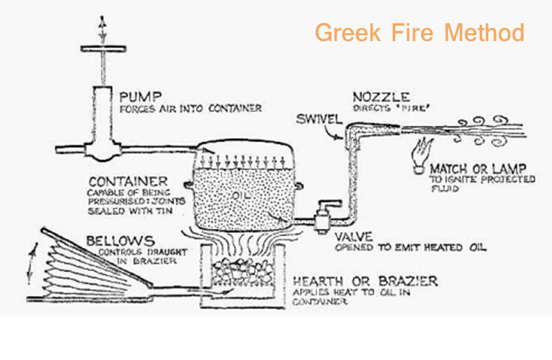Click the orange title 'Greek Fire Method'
click(419, 32)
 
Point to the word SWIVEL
click(318, 119)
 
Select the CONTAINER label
click(128, 181)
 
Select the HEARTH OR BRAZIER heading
click(365, 282)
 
